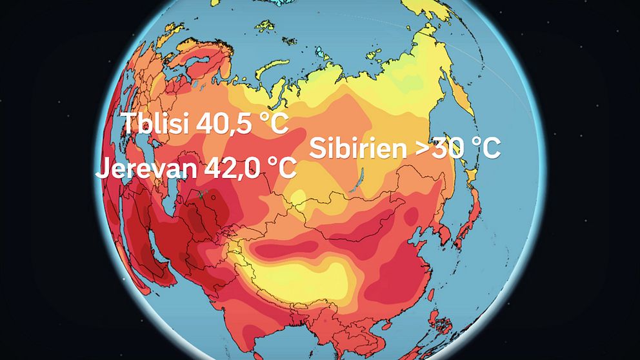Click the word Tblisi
pyautogui.click(x=153, y=124)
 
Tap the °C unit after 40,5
pyautogui.click(x=270, y=124)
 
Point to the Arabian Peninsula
pyautogui.click(x=132, y=271)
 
